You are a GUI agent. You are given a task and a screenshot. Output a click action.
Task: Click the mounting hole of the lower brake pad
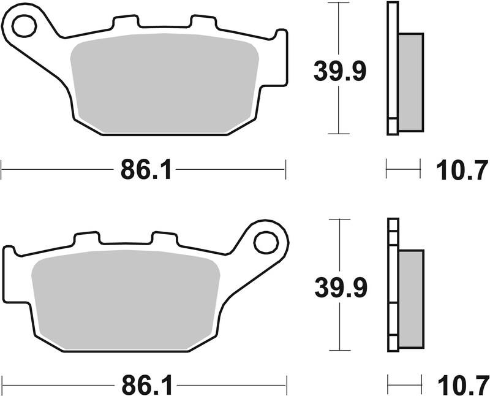click(266, 242)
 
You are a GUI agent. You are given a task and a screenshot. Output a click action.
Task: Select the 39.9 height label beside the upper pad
click(339, 71)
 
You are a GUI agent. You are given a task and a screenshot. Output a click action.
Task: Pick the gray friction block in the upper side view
click(410, 82)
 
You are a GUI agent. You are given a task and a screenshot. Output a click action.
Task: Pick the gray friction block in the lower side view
click(410, 299)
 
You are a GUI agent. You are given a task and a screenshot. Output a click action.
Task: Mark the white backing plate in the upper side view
click(392, 67)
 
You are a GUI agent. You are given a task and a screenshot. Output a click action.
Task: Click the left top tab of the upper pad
click(125, 23)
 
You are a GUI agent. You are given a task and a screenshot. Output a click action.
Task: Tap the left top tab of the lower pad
click(86, 239)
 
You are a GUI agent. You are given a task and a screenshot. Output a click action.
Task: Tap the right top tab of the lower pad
click(164, 239)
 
